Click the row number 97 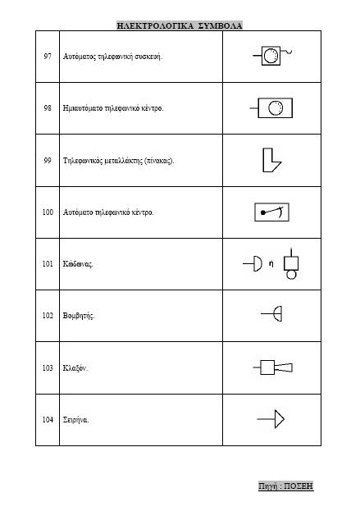click(x=48, y=57)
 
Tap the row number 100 click(x=48, y=212)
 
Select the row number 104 click(x=48, y=419)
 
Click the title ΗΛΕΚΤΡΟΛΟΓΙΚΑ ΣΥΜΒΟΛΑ click(x=180, y=25)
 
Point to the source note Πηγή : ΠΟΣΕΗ click(x=285, y=486)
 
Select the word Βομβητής click(x=79, y=316)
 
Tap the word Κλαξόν click(x=75, y=368)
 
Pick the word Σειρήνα click(x=75, y=420)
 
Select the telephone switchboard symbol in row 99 click(x=271, y=160)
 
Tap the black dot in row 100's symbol click(x=263, y=212)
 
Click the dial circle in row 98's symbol click(x=276, y=108)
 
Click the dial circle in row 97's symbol click(x=271, y=56)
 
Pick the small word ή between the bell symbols click(x=271, y=263)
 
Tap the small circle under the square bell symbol click(x=291, y=275)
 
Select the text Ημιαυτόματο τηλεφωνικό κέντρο click(x=113, y=108)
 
